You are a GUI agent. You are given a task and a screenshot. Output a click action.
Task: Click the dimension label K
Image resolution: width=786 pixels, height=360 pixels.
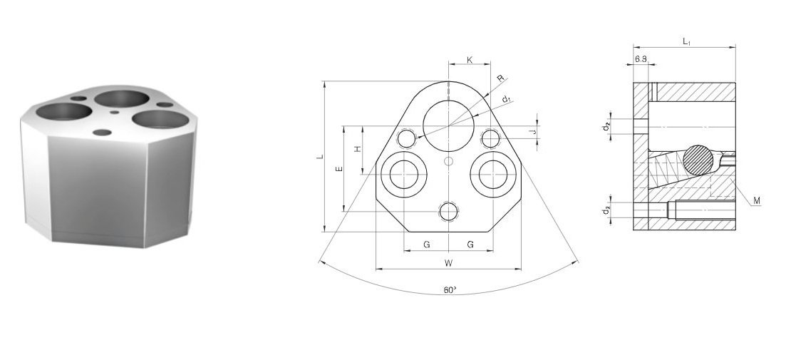point(470,60)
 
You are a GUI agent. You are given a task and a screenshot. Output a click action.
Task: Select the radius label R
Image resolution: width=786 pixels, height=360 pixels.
point(501,78)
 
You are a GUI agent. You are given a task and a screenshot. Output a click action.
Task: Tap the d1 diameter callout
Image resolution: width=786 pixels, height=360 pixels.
point(507,99)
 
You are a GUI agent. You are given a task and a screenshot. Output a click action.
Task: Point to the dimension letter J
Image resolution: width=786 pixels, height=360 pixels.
point(534,133)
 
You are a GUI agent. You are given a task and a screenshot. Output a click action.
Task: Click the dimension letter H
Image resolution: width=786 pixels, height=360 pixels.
point(358,150)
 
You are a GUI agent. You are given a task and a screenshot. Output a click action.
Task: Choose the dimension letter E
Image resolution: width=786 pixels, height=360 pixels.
point(339,169)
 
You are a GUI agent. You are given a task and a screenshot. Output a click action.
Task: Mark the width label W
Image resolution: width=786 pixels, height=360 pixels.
point(449,263)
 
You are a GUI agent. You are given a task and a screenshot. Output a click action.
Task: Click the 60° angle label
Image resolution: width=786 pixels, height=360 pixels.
point(450,290)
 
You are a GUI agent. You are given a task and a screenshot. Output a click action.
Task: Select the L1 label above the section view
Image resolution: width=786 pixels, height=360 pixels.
point(686,42)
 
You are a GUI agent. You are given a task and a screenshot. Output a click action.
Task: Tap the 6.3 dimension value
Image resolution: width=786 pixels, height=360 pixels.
point(641,59)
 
